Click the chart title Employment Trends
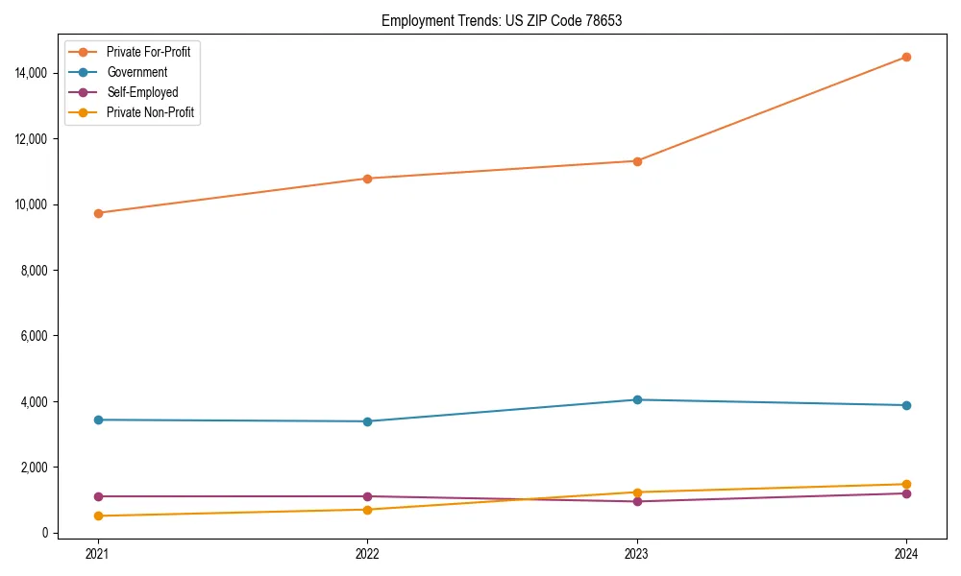point(502,21)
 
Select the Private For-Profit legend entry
point(148,52)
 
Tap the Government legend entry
point(136,72)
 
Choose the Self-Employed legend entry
point(142,92)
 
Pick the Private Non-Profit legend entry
point(150,112)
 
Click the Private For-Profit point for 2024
point(906,57)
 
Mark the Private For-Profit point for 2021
point(97,213)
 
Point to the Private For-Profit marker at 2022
point(367,179)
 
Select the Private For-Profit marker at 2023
point(636,160)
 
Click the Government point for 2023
point(636,399)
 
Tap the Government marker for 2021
point(97,420)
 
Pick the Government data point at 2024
point(906,405)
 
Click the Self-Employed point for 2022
point(367,496)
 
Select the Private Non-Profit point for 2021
point(97,516)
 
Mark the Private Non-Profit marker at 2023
point(636,492)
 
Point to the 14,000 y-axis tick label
point(32,73)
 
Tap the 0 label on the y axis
point(45,533)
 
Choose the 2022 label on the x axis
point(367,554)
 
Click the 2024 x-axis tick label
point(906,554)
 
